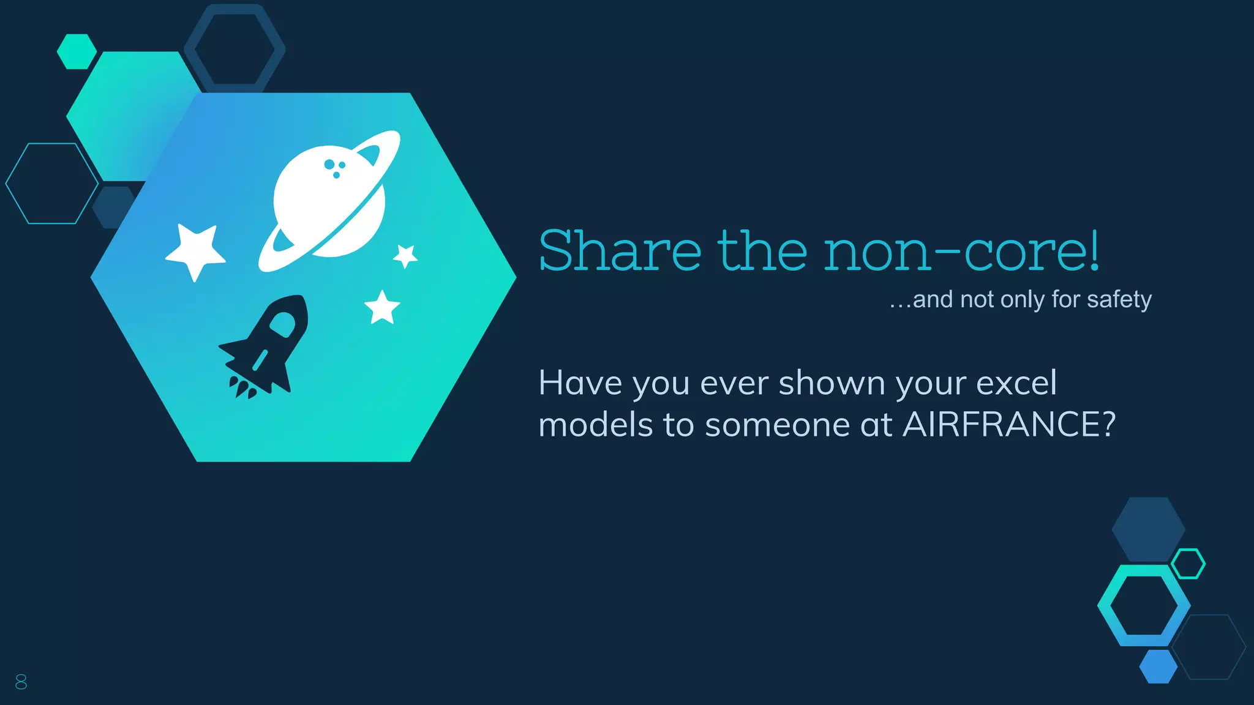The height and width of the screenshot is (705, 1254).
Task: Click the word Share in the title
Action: (620, 251)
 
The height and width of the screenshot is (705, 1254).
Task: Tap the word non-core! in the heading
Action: (962, 251)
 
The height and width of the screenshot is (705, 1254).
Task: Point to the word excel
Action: (1016, 383)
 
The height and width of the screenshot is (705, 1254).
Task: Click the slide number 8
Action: (21, 682)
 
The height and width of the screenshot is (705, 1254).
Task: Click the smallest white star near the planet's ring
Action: (405, 255)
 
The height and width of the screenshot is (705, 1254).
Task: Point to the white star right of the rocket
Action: (382, 307)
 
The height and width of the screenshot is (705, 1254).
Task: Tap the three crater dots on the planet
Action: (334, 167)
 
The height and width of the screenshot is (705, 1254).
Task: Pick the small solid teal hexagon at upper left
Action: (77, 51)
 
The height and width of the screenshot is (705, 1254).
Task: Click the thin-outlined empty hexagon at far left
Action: (51, 184)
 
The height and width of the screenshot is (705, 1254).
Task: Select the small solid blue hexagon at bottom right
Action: (1158, 666)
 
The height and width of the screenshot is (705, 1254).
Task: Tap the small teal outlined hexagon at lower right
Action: (1188, 564)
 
